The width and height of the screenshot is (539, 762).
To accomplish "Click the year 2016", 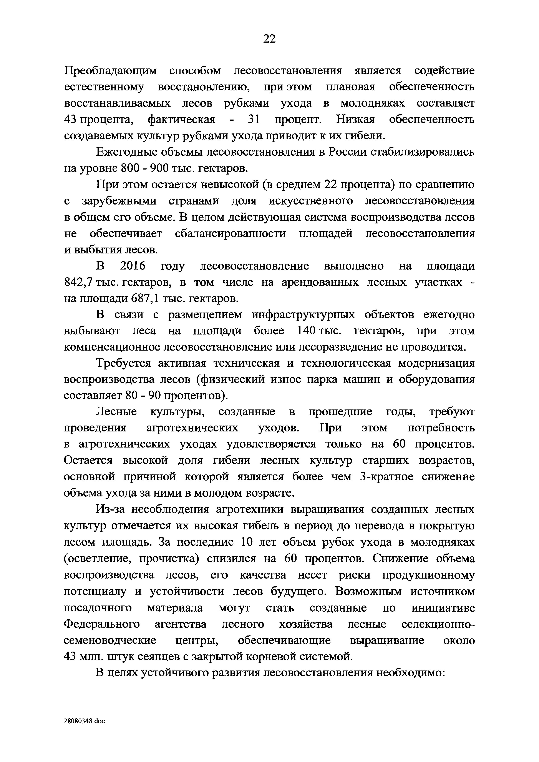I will pos(133,266).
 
